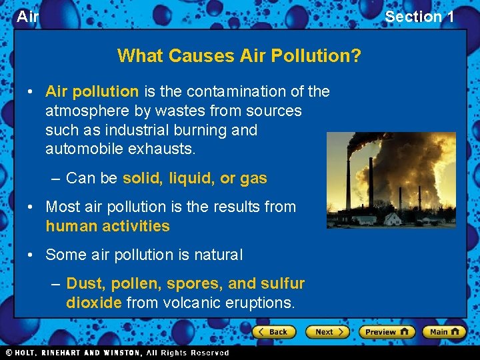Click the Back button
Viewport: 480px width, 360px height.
273,331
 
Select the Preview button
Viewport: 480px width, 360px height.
386,331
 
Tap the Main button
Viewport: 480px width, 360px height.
444,331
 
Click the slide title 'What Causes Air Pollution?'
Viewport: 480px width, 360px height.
239,55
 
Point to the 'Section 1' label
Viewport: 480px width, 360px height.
419,17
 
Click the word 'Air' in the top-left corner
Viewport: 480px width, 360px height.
27,17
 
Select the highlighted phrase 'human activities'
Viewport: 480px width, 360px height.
107,226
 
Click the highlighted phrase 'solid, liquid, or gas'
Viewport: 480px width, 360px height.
195,178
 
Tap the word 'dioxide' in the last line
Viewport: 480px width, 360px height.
93,303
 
